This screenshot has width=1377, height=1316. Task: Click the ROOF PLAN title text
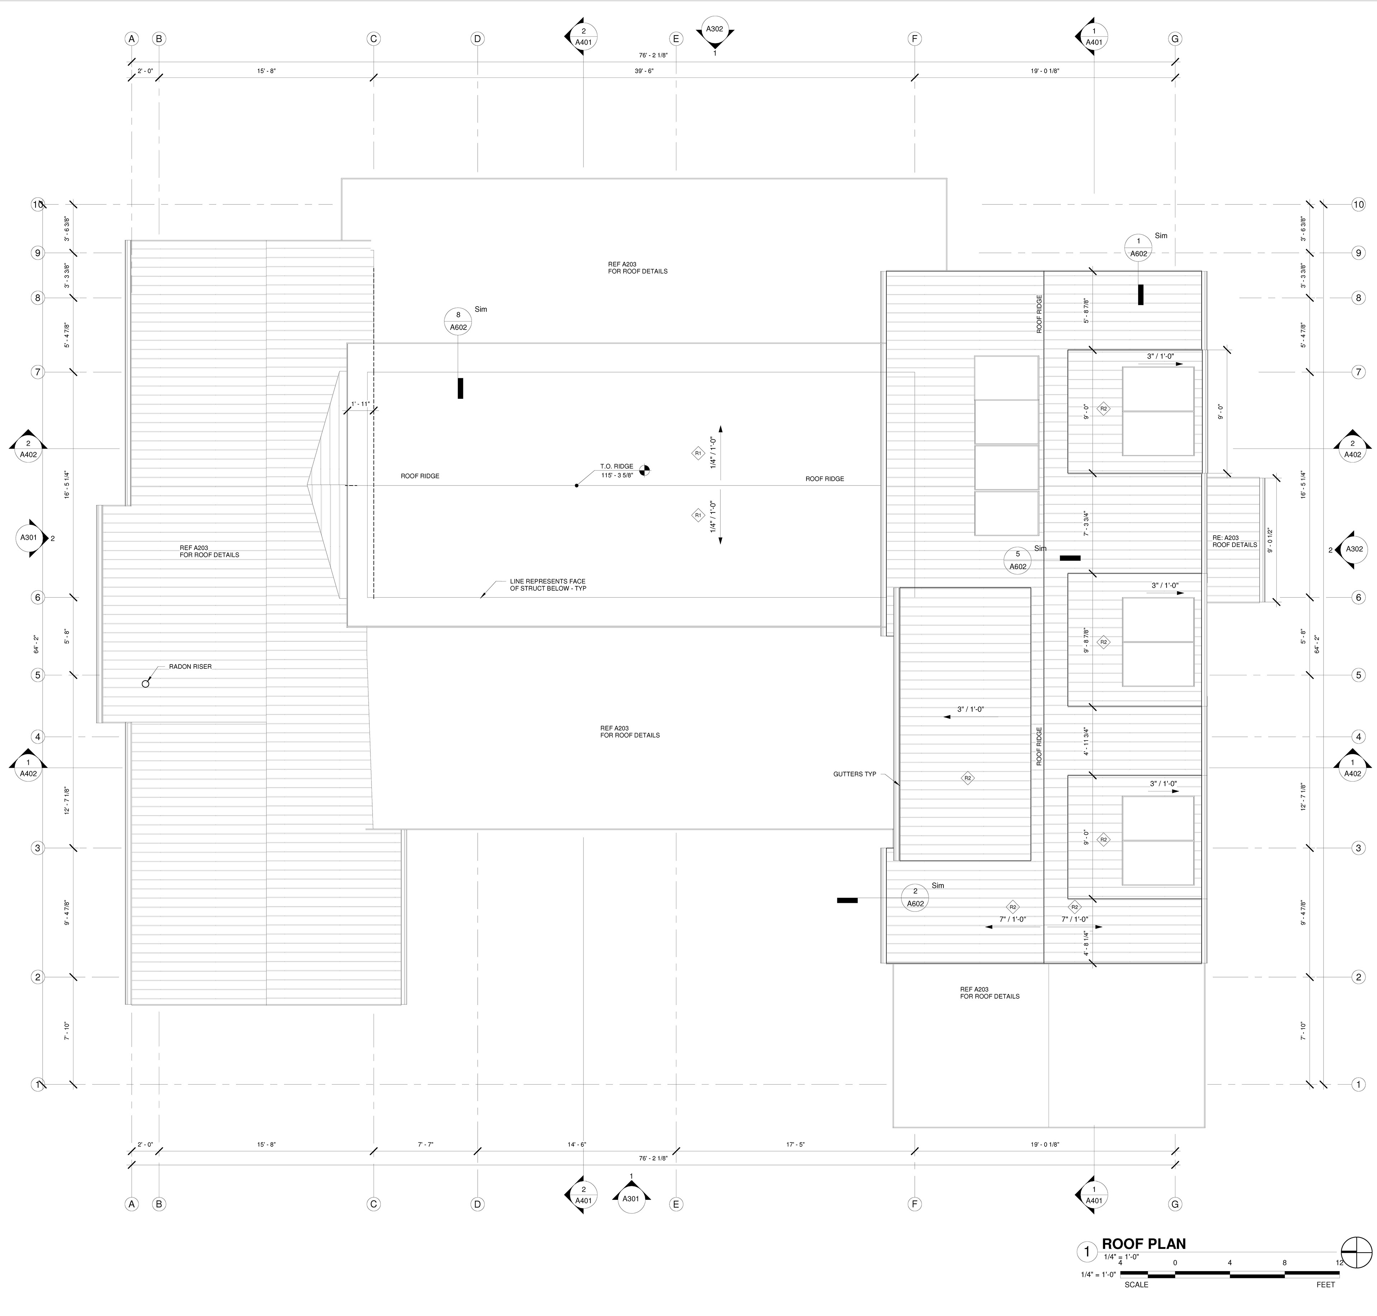(1144, 1244)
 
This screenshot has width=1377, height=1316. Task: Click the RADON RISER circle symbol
(146, 683)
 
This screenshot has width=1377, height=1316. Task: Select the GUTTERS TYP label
(855, 775)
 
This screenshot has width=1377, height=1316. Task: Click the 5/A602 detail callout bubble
(1018, 560)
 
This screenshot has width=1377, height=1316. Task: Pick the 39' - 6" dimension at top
(644, 71)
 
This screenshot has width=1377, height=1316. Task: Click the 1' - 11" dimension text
(360, 404)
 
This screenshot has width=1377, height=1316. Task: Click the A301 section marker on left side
(28, 538)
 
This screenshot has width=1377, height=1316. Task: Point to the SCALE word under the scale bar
(1136, 1284)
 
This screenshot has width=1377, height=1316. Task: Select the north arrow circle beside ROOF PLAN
(1356, 1251)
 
